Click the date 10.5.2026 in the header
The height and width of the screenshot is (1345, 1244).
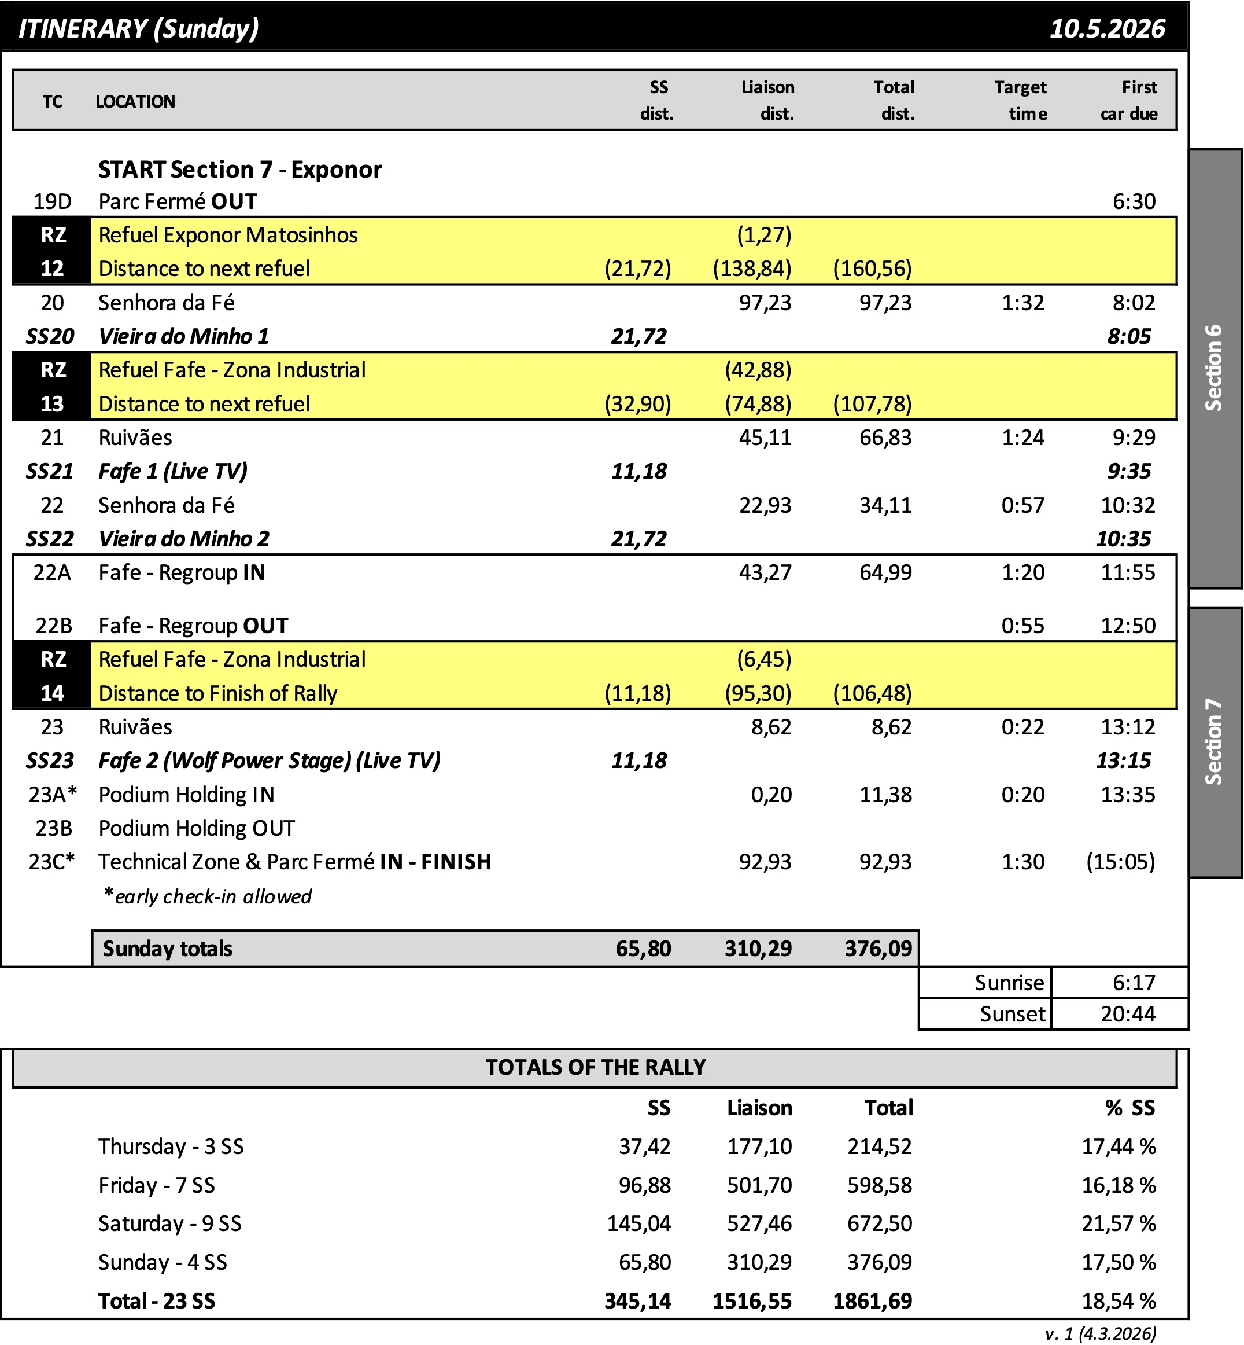pos(1107,29)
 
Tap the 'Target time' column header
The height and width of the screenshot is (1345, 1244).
pos(1021,100)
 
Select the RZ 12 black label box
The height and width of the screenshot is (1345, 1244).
pos(53,251)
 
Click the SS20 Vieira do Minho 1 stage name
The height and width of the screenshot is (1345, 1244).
pos(183,336)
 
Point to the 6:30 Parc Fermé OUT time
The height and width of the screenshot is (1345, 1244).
pos(1134,201)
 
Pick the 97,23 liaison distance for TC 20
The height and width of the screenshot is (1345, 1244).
pos(765,303)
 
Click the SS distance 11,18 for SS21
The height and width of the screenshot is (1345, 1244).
pos(638,471)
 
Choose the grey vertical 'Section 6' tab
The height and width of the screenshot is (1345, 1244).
pos(1215,368)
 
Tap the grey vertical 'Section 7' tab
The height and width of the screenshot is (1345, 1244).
pos(1215,741)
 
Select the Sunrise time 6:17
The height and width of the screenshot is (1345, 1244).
pos(1134,983)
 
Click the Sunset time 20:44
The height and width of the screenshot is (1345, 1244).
pos(1128,1013)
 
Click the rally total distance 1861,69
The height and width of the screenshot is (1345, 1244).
pos(872,1301)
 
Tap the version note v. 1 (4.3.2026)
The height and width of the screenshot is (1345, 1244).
pos(1101,1333)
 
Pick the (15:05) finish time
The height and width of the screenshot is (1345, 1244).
pos(1120,861)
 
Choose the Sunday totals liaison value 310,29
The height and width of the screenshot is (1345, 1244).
pos(758,949)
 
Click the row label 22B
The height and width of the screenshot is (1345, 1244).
pos(53,626)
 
